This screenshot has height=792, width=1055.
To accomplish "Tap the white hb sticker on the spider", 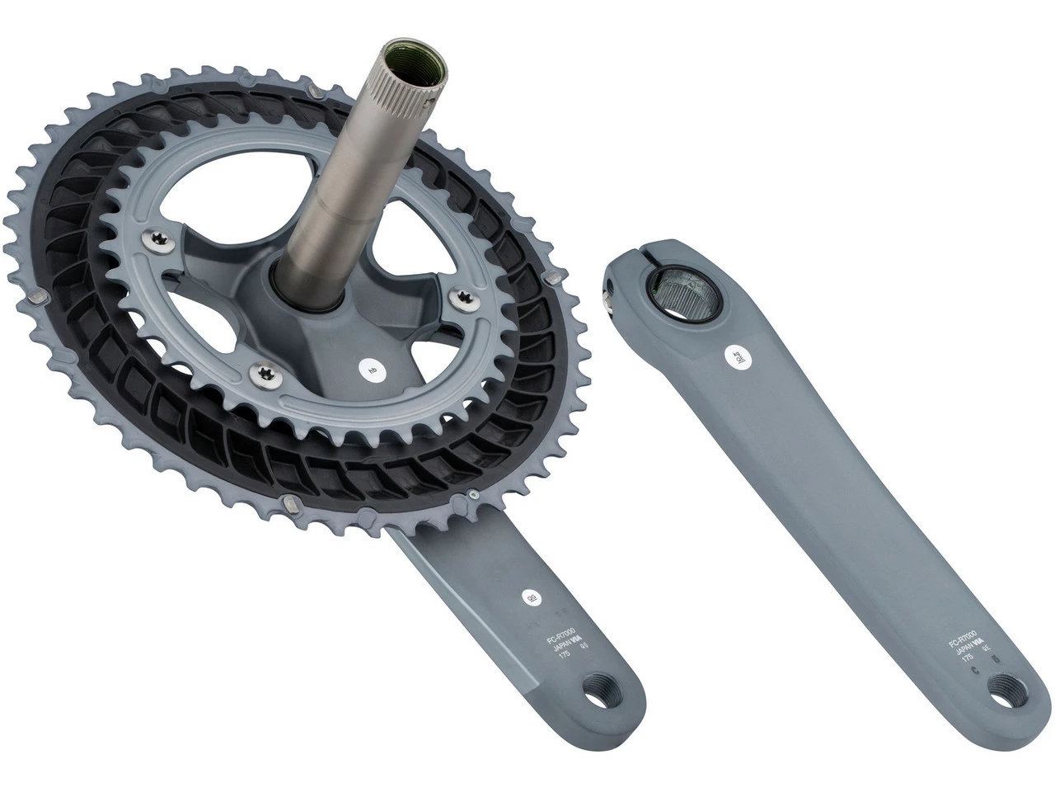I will [373, 370].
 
